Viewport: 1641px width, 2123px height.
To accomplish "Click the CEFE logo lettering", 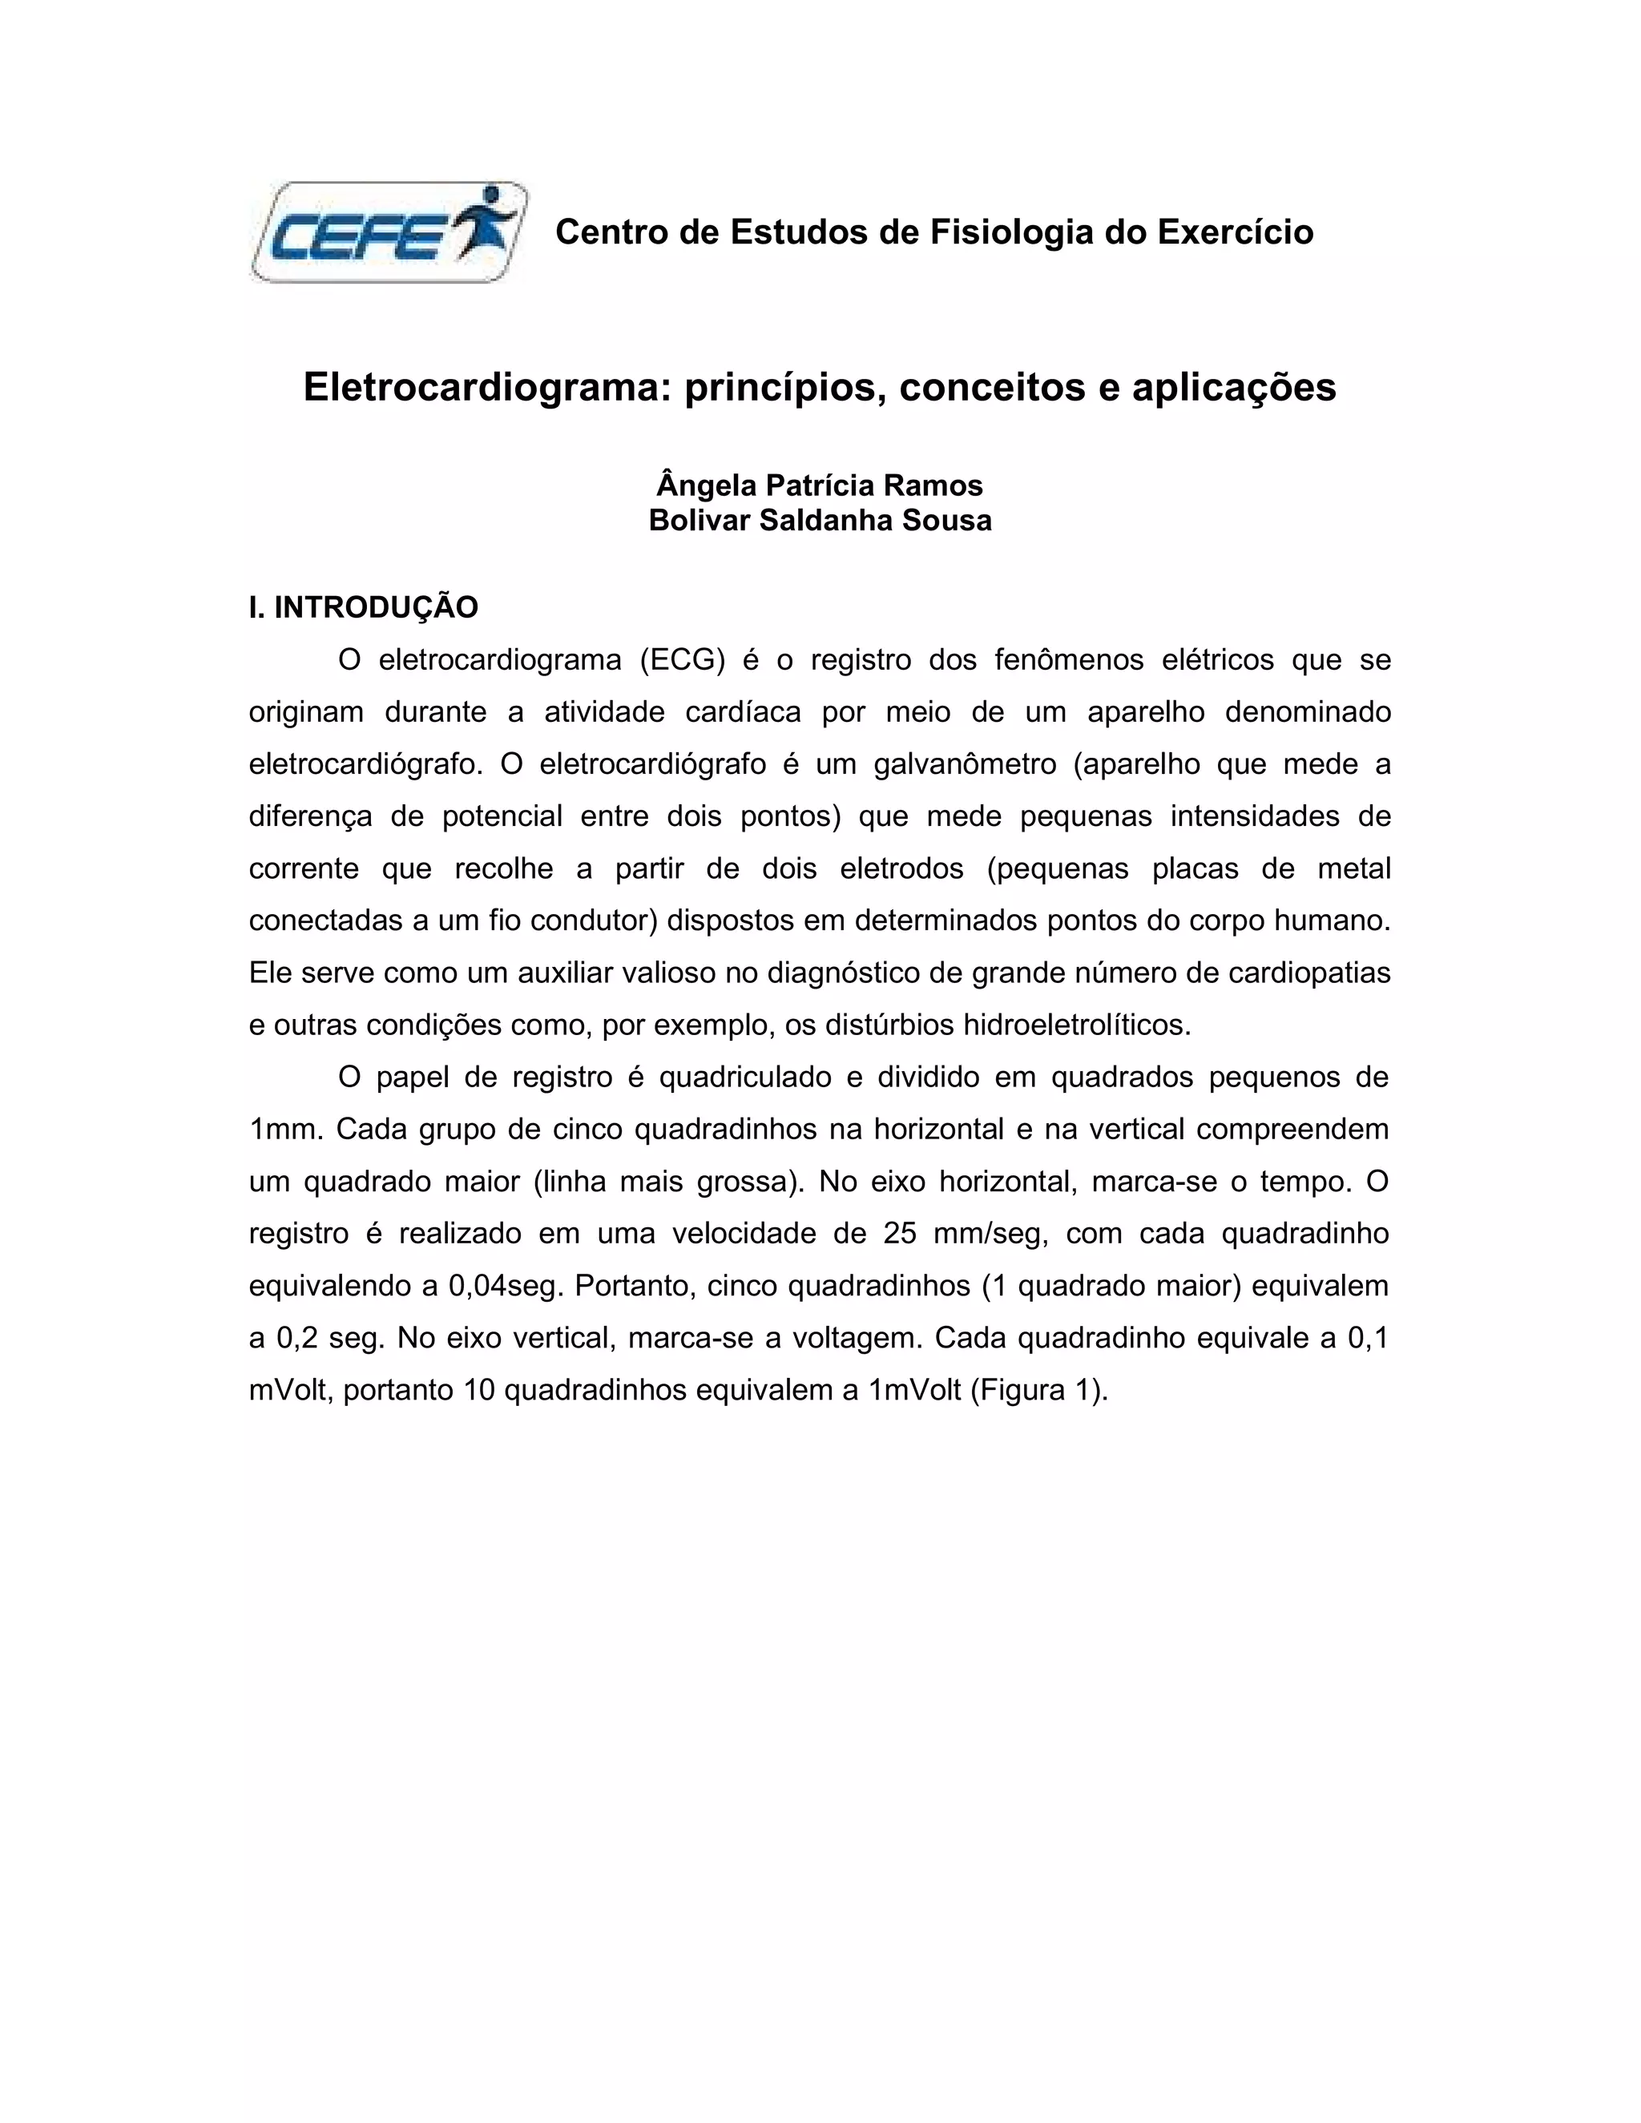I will (x=355, y=236).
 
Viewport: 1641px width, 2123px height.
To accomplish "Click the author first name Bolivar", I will (x=698, y=520).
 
